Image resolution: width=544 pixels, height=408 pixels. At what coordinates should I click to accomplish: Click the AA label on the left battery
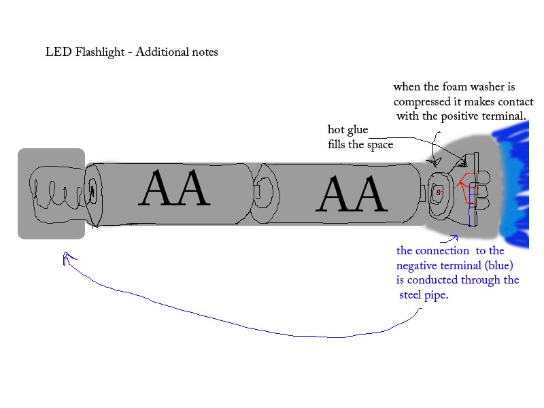[x=173, y=189]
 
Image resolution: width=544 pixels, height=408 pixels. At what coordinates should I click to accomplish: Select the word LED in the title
[x=56, y=52]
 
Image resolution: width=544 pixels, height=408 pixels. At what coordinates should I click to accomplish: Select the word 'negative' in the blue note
[x=419, y=265]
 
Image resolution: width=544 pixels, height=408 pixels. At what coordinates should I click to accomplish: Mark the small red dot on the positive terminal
[x=439, y=193]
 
